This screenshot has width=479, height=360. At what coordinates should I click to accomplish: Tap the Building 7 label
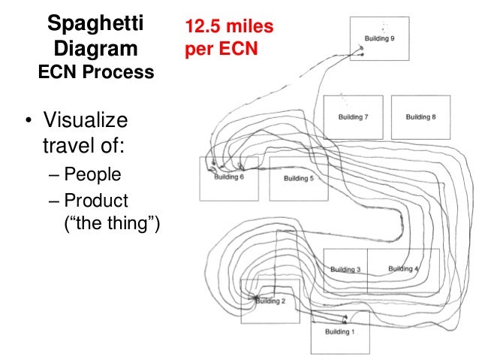pyautogui.click(x=353, y=117)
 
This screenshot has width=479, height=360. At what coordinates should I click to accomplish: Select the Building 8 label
pyautogui.click(x=420, y=117)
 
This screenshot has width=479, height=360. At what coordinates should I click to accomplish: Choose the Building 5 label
pyautogui.click(x=298, y=178)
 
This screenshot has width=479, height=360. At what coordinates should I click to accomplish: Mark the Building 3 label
pyautogui.click(x=345, y=269)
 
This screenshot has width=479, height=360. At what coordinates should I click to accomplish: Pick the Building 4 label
pyautogui.click(x=404, y=268)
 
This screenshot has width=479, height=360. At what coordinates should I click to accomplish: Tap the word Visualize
pyautogui.click(x=85, y=120)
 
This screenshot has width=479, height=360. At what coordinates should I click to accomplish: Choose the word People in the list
pyautogui.click(x=92, y=176)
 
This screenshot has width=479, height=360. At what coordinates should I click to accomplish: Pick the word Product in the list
pyautogui.click(x=96, y=201)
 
